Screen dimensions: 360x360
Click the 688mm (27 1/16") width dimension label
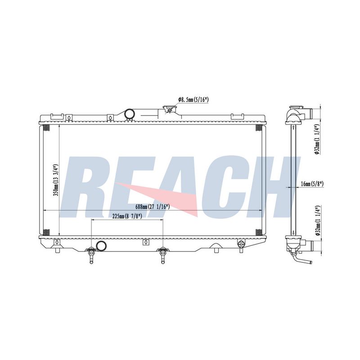click(153, 207)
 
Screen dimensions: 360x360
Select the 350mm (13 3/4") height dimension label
click(55, 180)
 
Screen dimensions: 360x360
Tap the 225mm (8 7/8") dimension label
click(127, 216)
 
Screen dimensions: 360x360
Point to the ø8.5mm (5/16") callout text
click(193, 99)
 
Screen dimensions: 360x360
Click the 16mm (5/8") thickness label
click(312, 184)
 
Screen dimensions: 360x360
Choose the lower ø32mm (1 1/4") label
click(317, 220)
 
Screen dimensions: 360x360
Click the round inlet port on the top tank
click(129, 114)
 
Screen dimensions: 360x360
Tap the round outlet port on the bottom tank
click(101, 246)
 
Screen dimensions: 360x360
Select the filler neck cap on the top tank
click(170, 109)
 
